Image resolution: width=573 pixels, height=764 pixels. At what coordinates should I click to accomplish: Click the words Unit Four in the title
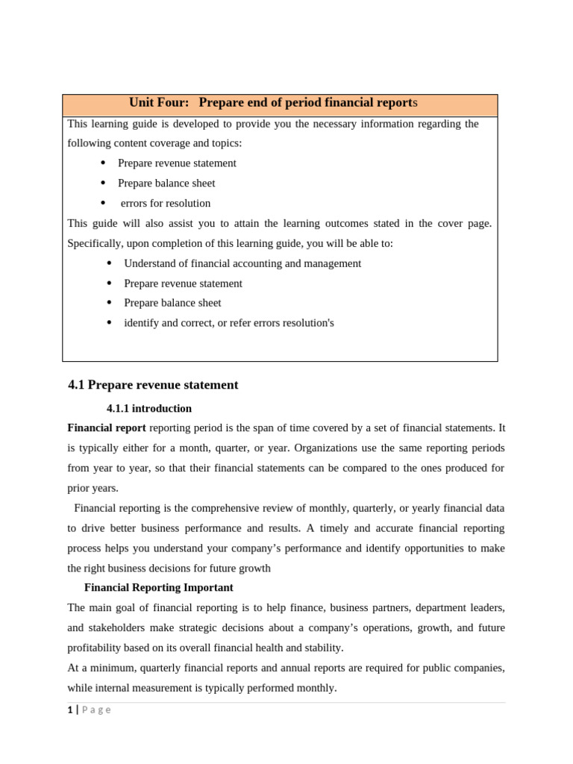point(159,103)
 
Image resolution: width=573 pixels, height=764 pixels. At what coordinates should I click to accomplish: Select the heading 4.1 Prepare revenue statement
point(153,385)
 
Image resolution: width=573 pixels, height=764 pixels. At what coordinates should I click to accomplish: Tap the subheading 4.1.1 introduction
point(149,409)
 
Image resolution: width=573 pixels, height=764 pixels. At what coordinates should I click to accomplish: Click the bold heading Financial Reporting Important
point(158,588)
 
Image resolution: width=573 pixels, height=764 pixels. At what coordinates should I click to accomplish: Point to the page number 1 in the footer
point(69,710)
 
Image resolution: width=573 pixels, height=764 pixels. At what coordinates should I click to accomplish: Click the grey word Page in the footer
point(96,710)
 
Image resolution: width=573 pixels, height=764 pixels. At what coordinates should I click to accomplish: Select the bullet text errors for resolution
point(166,203)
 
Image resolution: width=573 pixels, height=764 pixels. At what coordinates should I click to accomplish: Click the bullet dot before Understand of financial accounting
point(109,263)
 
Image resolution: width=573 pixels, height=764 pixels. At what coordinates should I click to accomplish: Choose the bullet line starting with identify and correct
point(228,323)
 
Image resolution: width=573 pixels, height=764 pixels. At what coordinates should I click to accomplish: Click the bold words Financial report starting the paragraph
point(107,428)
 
